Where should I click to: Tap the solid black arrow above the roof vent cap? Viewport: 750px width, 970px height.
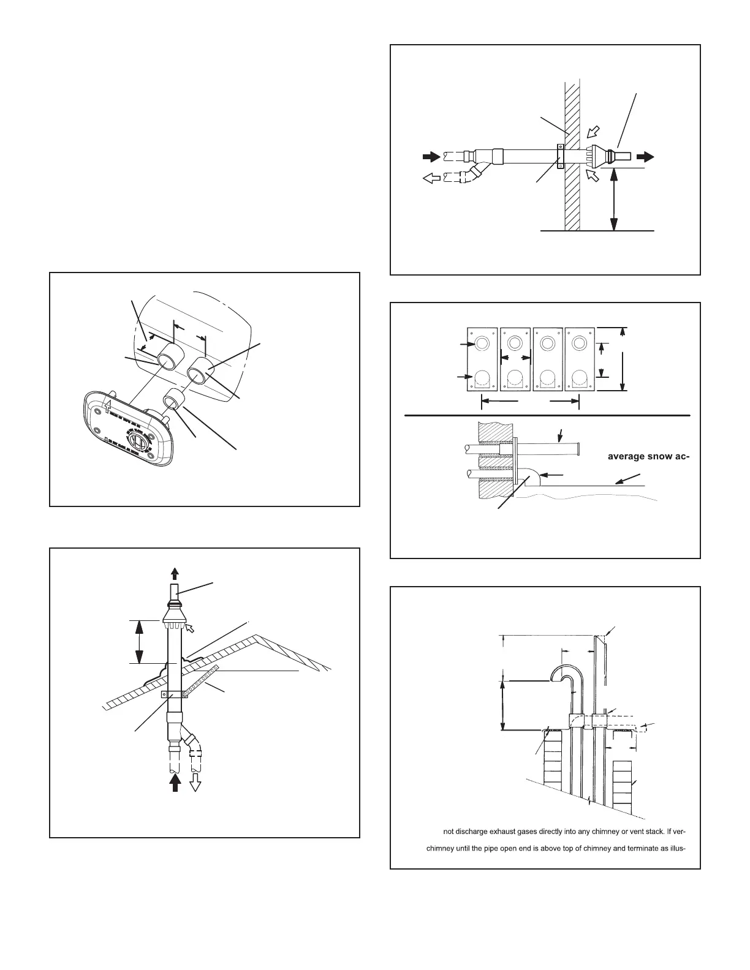tap(175, 573)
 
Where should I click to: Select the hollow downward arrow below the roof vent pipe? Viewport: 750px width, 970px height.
tap(196, 783)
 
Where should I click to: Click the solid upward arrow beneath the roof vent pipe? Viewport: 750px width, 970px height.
tap(175, 783)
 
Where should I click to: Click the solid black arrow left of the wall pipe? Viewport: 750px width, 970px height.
tap(431, 156)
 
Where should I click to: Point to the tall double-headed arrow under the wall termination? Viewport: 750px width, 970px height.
tap(613, 200)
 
